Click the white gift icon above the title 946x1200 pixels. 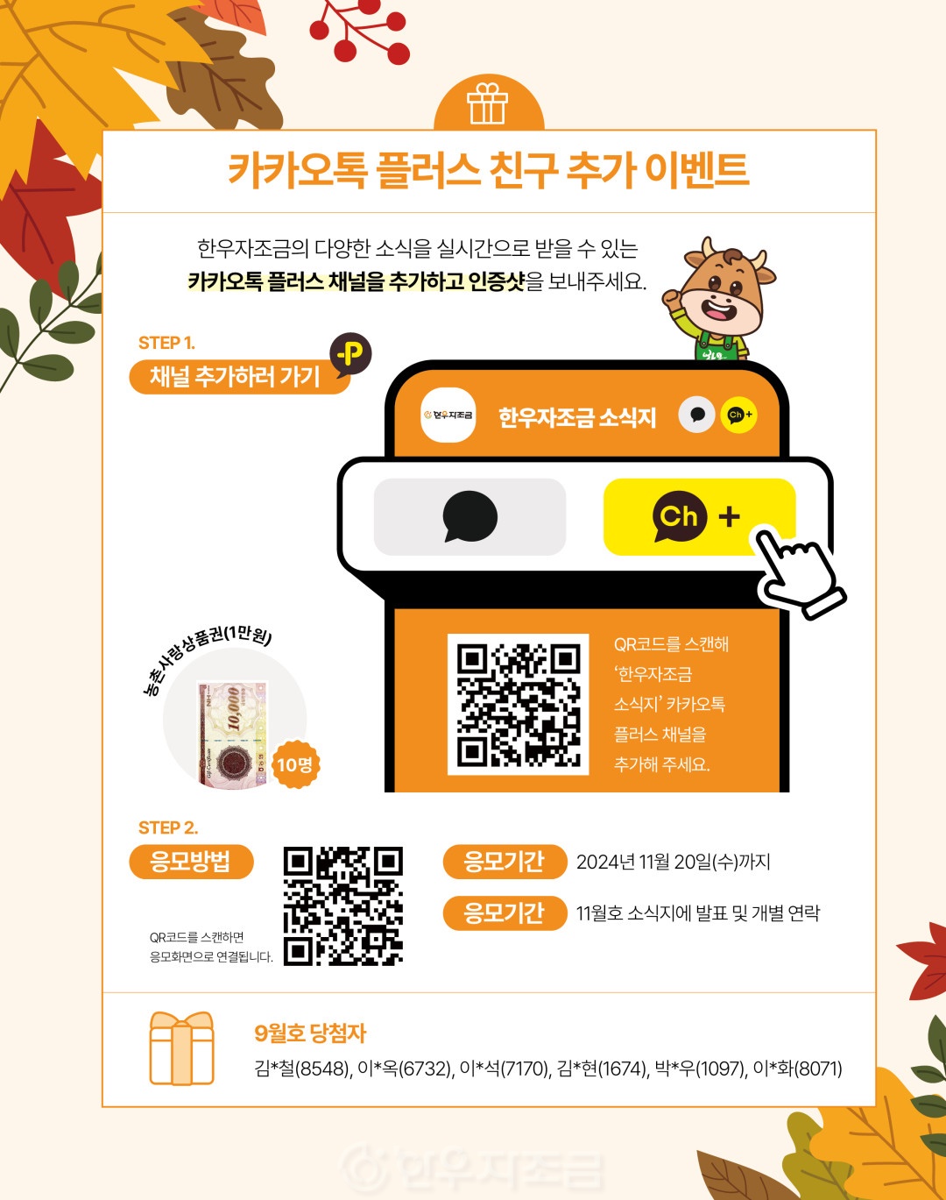[x=487, y=103]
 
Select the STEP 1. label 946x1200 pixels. [x=166, y=343]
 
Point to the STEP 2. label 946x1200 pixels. [x=168, y=828]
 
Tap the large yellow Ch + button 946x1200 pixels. [x=699, y=517]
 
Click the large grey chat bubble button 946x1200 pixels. [x=469, y=517]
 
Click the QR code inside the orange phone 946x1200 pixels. [x=519, y=704]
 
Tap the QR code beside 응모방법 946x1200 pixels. [x=342, y=906]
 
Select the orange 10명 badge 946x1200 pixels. [x=295, y=764]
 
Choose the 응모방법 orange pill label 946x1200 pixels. [x=191, y=862]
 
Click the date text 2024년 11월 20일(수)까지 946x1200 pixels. [x=674, y=862]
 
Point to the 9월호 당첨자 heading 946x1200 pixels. [x=310, y=1033]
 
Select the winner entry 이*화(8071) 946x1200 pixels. [x=797, y=1069]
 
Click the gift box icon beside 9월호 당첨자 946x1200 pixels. [x=181, y=1049]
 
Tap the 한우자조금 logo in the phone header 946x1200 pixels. [x=448, y=415]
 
